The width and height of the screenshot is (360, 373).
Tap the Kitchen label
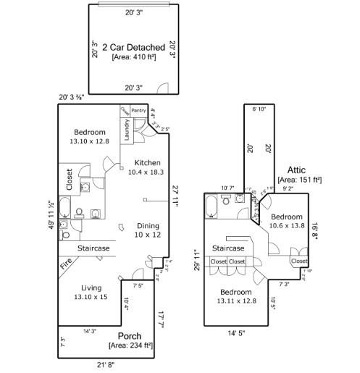point(144,162)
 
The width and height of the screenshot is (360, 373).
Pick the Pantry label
point(139,110)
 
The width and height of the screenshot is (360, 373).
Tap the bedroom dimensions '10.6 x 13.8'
point(286,226)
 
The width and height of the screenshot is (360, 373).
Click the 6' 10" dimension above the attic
point(259,109)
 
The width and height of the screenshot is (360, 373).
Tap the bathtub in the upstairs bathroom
point(211,206)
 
